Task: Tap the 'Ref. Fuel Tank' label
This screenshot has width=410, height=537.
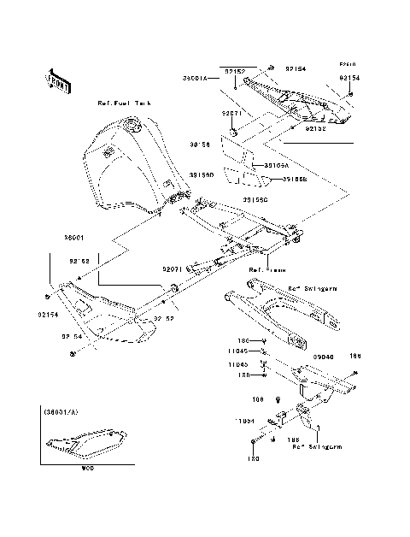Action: coord(123,102)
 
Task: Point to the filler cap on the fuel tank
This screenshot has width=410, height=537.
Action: coord(131,128)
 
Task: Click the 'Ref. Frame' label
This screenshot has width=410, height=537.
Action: coord(267,268)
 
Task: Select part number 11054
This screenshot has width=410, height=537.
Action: coord(248,422)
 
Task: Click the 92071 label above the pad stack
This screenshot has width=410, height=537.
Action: coord(234,112)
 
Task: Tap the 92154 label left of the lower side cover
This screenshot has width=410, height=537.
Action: coord(47,314)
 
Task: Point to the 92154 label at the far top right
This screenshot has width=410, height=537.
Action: coord(349,77)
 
